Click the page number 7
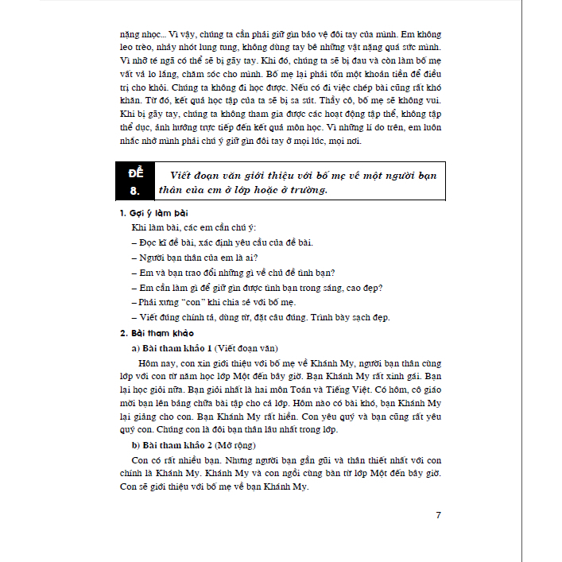click(x=438, y=515)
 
